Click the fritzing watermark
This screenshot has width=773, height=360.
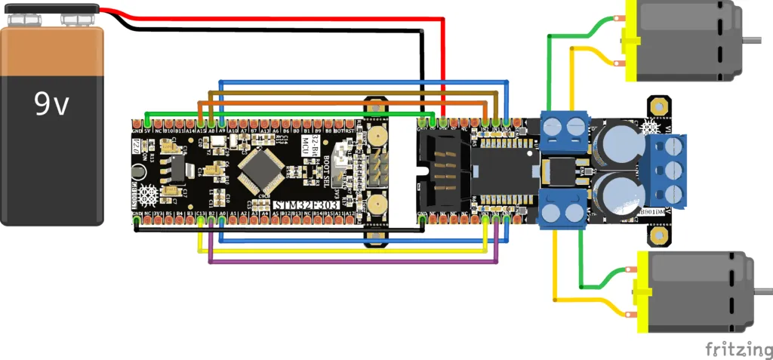point(735,348)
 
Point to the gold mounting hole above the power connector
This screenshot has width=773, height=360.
point(660,103)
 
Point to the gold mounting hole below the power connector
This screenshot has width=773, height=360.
point(660,237)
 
